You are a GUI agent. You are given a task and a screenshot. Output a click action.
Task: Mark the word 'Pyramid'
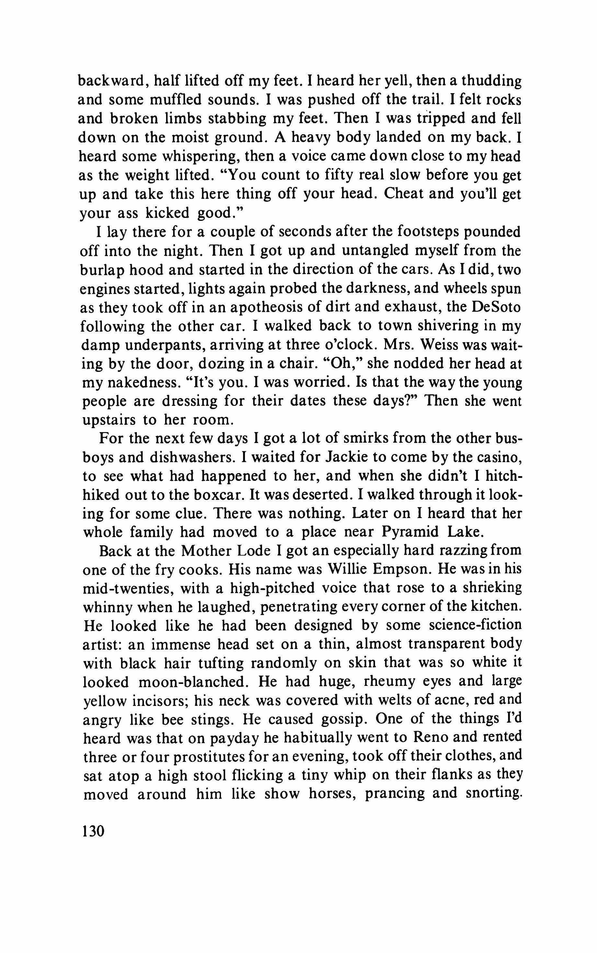tap(410, 532)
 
